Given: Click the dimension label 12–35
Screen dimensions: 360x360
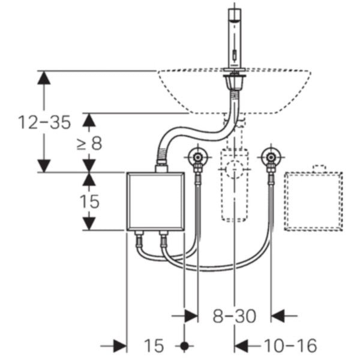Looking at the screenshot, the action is pos(44,122).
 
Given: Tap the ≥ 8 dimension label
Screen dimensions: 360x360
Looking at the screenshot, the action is pos(89,143).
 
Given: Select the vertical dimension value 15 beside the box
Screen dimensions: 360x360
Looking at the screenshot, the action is pos(89,202).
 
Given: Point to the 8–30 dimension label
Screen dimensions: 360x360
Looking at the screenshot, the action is pos(234,316).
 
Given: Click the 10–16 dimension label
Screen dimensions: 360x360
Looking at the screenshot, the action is pos(290,345).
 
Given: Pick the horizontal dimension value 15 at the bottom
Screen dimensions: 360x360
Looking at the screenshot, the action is pos(154,346).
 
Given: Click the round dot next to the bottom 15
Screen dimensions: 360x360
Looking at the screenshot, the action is pos(184,346).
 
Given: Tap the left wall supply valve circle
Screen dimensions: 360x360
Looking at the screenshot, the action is pos(197,157).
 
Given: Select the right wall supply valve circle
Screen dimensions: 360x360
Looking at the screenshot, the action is pos(271,157).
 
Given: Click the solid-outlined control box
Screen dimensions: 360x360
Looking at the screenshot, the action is pos(155,202).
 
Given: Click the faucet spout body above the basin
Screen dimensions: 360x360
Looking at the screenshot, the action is pos(235,38).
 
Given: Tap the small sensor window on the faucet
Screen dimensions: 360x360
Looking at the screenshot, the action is pos(235,55).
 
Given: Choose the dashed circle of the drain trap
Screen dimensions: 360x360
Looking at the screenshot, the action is pos(235,169).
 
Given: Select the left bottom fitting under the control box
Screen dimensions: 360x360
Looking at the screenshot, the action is pos(139,238).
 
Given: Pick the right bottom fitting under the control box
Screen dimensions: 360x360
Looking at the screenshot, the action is pos(164,238).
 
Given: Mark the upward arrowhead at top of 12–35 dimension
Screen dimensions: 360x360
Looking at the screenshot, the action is pos(44,77).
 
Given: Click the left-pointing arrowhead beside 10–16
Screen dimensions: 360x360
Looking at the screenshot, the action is pos(241,346).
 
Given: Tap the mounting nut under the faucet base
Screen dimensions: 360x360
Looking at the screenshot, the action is pos(235,81).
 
